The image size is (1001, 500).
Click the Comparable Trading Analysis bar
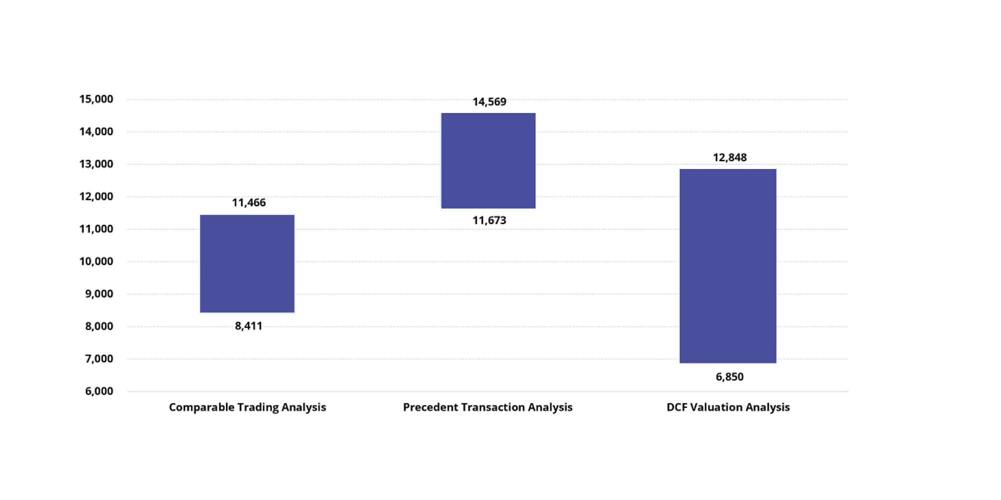[247, 263]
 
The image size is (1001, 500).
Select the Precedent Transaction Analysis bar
[488, 160]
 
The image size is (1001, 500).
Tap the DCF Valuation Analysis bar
[728, 265]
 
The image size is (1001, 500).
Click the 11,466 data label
[249, 202]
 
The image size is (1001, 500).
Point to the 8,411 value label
[249, 326]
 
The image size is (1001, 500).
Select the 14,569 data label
[489, 102]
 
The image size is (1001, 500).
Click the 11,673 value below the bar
[489, 220]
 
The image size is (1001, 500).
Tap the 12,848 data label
[730, 157]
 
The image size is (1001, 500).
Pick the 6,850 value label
[730, 377]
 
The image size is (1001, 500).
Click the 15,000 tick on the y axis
[96, 99]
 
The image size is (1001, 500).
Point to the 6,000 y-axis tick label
[99, 391]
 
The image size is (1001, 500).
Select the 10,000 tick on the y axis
[96, 261]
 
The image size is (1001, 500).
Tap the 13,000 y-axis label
[96, 164]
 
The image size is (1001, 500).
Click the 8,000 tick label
[99, 326]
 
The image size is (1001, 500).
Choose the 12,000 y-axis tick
[96, 196]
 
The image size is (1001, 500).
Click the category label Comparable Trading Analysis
[247, 407]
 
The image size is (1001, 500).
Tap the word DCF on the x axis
[677, 407]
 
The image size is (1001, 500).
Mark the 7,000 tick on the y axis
[99, 359]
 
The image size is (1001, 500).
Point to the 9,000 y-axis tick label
[99, 294]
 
